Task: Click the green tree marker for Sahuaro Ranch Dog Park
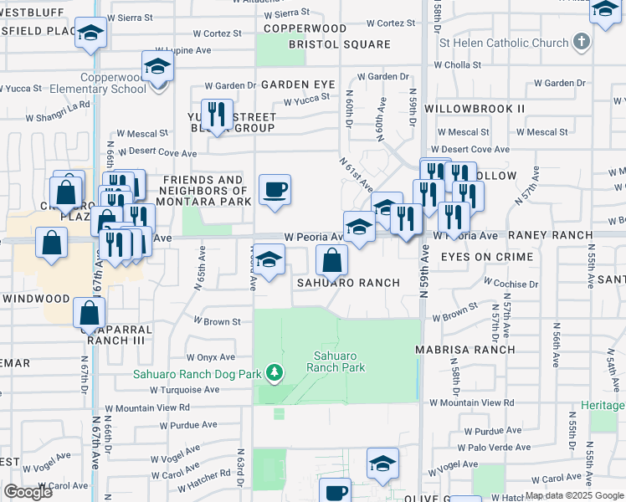273,372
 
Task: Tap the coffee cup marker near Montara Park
275,190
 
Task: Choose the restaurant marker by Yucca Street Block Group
217,113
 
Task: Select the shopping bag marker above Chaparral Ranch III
90,313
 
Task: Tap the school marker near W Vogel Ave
382,463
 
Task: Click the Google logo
28,492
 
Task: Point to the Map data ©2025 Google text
574,495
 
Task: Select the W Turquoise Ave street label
184,390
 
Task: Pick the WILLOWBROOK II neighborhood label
475,109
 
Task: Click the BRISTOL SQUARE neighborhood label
339,44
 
